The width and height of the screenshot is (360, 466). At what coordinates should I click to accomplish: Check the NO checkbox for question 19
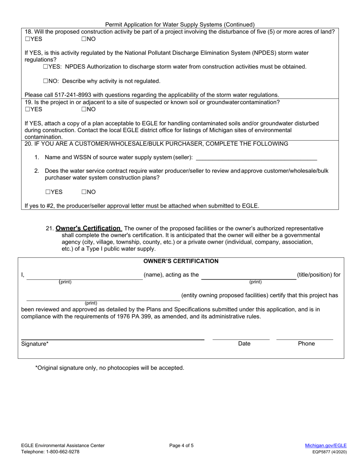(84, 109)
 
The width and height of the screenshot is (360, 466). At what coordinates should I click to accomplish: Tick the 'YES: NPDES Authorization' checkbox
(45, 67)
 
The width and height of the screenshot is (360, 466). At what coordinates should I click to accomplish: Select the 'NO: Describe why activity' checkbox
(45, 81)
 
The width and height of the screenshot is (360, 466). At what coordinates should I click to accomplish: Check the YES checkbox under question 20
(48, 192)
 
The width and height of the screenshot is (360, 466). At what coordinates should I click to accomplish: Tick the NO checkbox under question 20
(84, 192)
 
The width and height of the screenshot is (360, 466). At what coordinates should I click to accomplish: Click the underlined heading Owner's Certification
(88, 228)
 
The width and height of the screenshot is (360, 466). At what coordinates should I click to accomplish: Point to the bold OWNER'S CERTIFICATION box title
(181, 261)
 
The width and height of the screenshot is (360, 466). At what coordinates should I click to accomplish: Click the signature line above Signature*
(113, 338)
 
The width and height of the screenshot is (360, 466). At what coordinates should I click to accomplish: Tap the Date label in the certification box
(244, 344)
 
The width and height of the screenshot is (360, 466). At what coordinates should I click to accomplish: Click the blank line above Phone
(305, 338)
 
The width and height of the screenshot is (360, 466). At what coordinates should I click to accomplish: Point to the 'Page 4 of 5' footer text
(184, 446)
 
